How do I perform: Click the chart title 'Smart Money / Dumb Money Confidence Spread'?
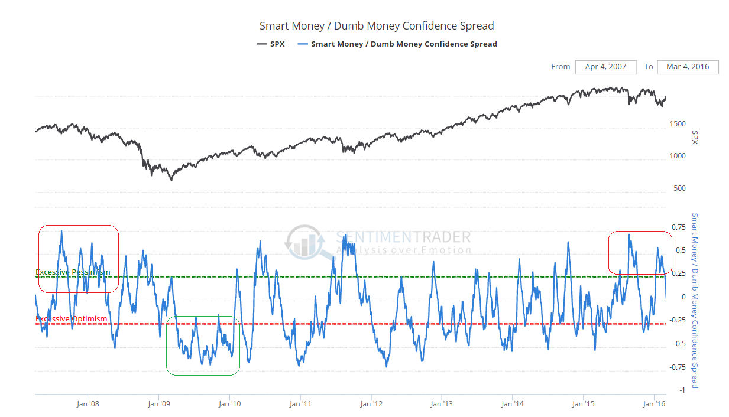click(x=377, y=26)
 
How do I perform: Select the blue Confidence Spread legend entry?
click(x=397, y=44)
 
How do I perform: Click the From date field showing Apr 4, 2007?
click(x=605, y=67)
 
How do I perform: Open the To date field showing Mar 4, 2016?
click(x=688, y=67)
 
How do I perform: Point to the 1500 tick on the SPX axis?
click(x=678, y=124)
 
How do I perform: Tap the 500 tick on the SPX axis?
click(x=679, y=188)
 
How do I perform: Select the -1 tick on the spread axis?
click(x=682, y=390)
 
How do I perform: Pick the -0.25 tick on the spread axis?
click(x=677, y=320)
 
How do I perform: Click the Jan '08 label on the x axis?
click(x=88, y=404)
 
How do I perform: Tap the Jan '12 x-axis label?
click(x=371, y=404)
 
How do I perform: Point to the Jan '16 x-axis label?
click(x=654, y=404)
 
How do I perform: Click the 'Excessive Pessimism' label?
click(x=73, y=272)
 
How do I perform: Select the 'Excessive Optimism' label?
click(x=72, y=319)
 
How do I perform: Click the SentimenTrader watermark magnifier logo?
click(x=304, y=242)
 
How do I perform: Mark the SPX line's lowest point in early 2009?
click(x=171, y=180)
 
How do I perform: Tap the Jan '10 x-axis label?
click(x=229, y=404)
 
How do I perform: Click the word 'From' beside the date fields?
click(x=560, y=67)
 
